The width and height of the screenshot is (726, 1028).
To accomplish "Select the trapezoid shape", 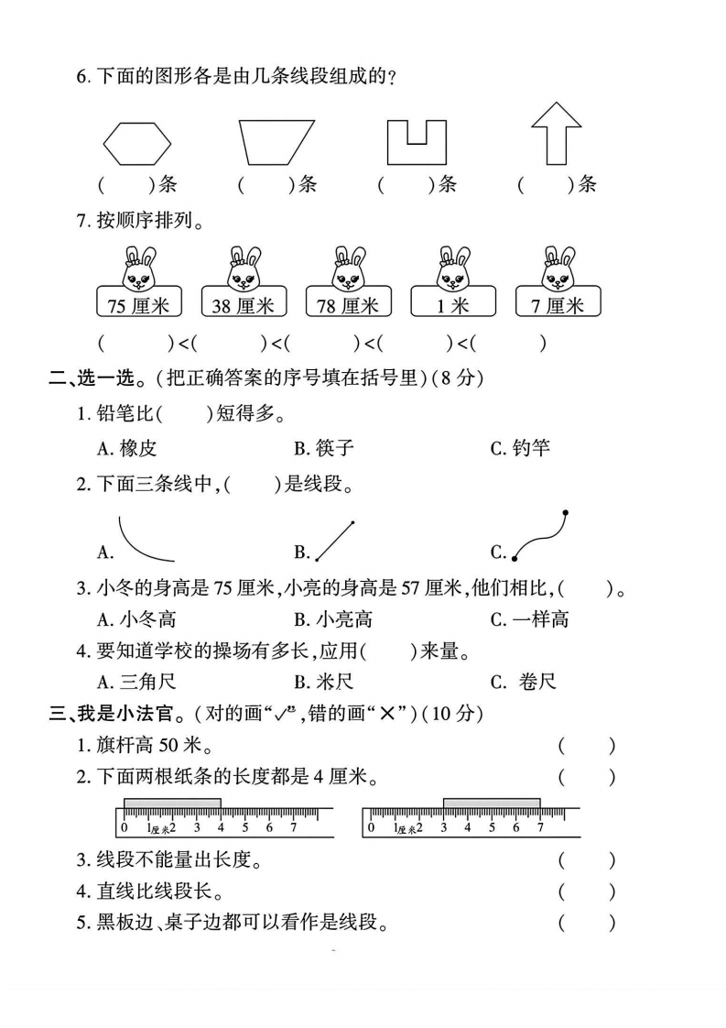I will point(276,142).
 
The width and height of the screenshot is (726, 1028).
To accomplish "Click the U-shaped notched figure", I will point(416,142).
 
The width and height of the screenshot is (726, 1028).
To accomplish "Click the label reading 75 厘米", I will point(138,305).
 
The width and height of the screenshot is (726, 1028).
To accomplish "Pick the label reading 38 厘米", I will point(243,305).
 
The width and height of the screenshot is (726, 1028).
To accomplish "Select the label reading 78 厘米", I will point(348,305).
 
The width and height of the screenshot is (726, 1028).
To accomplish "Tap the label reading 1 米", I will point(453,305).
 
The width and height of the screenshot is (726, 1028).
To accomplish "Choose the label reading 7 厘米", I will point(558,305).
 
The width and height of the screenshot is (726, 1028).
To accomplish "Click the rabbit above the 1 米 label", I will point(454,267).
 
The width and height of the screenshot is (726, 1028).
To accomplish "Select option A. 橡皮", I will point(127,448).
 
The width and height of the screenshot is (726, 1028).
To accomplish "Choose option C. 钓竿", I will point(520,448).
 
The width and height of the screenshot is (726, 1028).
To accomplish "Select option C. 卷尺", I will point(524,681).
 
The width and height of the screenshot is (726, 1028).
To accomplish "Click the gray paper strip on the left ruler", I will point(172,804).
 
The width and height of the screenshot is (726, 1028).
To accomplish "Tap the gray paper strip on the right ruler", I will point(492,804).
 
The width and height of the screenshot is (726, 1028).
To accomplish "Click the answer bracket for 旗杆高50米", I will point(587,747).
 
